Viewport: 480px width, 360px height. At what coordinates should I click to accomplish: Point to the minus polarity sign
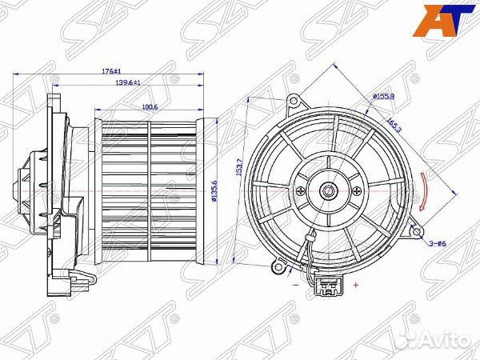pos(296,283)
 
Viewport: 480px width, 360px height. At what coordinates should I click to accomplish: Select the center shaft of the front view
pos(327,191)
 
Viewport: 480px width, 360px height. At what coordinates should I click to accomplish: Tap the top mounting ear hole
pos(294,102)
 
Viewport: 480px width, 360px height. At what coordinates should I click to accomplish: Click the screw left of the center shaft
pos(298,190)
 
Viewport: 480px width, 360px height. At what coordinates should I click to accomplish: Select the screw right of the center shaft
pos(356,191)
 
